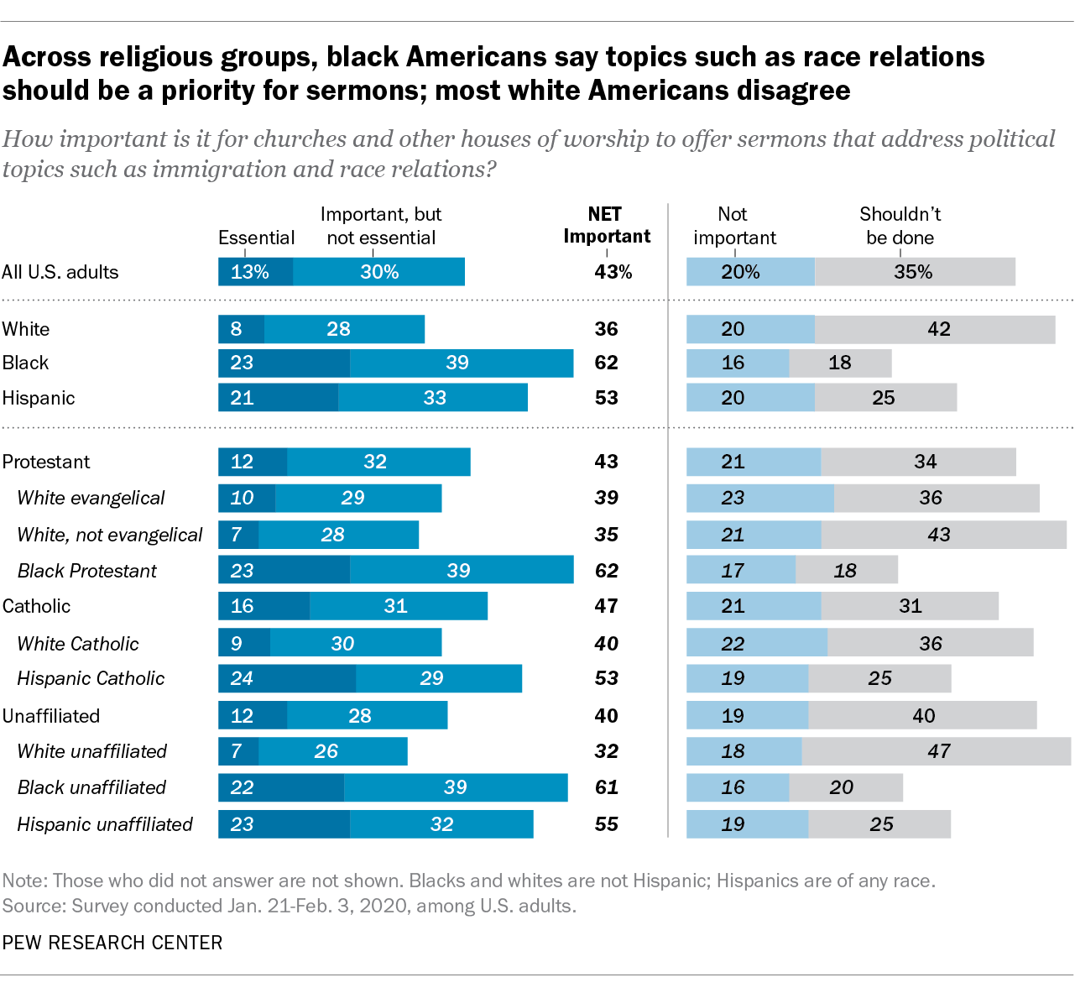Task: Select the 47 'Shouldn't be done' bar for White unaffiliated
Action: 936,751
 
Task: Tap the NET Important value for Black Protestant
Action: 606,571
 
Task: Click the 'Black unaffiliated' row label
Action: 91,787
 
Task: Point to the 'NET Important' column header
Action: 606,225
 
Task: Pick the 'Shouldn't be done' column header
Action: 900,226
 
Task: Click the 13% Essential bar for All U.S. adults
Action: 255,272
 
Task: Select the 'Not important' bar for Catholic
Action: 753,606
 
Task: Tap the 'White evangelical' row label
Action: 91,498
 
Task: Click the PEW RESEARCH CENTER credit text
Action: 112,943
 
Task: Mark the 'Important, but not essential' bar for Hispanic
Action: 432,398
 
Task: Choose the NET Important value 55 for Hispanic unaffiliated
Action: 606,824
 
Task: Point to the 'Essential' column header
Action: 256,238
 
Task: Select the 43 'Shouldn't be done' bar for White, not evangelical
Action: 943,535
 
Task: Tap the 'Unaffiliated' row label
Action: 51,716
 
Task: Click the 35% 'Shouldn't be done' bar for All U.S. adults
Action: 914,272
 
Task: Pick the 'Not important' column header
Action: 734,226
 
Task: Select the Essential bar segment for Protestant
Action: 252,462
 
